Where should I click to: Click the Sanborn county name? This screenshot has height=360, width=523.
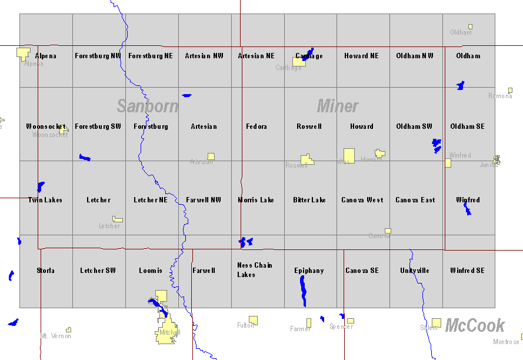click(x=147, y=106)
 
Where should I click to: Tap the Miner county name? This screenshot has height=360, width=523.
click(x=338, y=106)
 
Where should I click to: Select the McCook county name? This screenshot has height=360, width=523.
click(x=475, y=325)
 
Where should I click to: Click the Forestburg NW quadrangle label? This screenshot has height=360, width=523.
click(x=98, y=56)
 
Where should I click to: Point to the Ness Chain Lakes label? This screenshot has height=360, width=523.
click(x=255, y=269)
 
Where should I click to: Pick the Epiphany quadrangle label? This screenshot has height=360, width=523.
click(x=309, y=271)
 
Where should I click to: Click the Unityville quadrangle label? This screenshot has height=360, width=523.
click(x=415, y=271)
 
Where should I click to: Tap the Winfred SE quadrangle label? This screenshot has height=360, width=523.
click(x=468, y=271)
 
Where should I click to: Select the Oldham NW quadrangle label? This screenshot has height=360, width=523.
click(x=415, y=56)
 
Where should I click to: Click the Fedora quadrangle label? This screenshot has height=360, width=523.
click(x=256, y=126)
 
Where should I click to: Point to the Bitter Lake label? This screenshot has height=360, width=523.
click(x=309, y=200)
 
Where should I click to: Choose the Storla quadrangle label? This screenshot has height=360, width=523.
click(x=45, y=271)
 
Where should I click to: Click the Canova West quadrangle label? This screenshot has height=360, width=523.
click(x=362, y=200)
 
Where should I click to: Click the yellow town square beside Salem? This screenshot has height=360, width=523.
click(x=437, y=322)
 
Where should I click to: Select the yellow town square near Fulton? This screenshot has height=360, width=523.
click(x=253, y=320)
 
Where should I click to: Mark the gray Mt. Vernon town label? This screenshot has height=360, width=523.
click(x=55, y=336)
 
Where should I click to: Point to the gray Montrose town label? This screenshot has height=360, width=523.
click(x=506, y=342)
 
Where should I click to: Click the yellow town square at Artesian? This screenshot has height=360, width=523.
click(x=211, y=156)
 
